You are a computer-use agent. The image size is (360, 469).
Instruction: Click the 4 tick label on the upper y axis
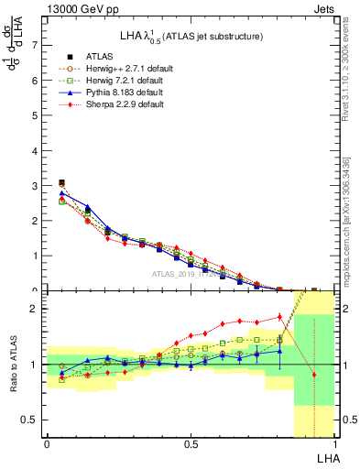point(35,150)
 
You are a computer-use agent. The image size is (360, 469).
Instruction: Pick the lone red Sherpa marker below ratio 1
point(314,375)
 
